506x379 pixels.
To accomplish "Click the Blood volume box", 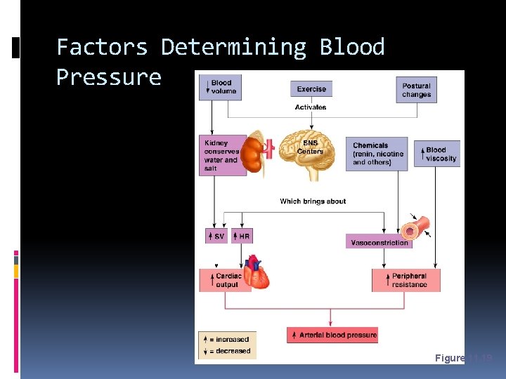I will tap(220, 87).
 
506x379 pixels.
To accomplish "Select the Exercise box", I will tap(311, 89).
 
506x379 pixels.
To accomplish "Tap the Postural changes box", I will tap(416, 90).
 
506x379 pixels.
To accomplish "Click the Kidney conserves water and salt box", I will tap(222, 155).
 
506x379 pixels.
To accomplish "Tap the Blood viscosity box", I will tap(440, 154).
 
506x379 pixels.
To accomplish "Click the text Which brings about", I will tap(313, 201).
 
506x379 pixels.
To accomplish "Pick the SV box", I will tap(216, 237).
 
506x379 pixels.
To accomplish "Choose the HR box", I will tap(240, 237).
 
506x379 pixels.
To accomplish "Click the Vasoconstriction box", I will tap(379, 243).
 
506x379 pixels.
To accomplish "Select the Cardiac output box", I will tap(225, 280).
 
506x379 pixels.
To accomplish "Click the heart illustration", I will tap(257, 272).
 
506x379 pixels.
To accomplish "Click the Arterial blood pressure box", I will tap(332, 335).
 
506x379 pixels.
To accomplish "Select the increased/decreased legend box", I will tap(227, 345).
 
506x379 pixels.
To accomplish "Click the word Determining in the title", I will tap(233, 47).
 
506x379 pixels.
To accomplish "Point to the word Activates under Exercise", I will tap(311, 107).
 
